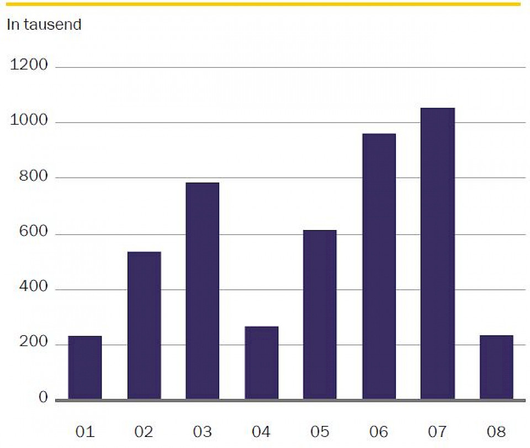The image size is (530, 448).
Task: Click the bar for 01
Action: pos(85,367)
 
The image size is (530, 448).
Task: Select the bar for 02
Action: pos(144,326)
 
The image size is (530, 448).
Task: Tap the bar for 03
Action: pos(203,291)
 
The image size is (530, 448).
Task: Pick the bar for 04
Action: pos(262,362)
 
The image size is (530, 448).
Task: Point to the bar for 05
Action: pos(320,314)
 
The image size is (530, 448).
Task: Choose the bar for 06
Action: pos(379,266)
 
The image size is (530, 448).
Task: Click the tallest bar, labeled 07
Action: pos(438,254)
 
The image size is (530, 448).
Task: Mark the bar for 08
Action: pos(496,367)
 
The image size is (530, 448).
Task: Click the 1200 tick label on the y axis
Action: pos(29,66)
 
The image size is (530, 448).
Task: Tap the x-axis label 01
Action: pos(85,431)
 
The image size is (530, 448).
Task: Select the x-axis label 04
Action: pos(262,431)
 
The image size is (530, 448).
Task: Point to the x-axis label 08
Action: pos(496,431)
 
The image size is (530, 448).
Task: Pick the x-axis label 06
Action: pos(379,431)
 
